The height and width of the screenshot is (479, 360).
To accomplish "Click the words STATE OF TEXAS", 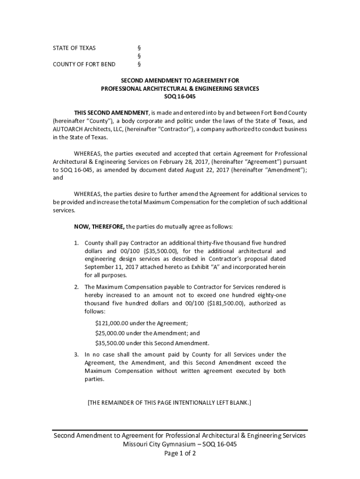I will coord(74,48).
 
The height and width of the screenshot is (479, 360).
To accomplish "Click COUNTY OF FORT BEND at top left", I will coord(84,64).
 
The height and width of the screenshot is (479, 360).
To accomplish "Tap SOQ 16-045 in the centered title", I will coord(180,97).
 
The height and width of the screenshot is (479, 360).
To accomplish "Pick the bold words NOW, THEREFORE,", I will coord(99,226).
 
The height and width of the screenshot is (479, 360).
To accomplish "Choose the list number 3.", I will coord(76,355).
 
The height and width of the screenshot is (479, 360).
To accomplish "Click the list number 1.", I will coord(76,243).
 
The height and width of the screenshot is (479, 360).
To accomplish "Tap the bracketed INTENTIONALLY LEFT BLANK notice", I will coord(169,402).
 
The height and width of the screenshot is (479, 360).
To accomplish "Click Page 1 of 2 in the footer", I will coord(180,453).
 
